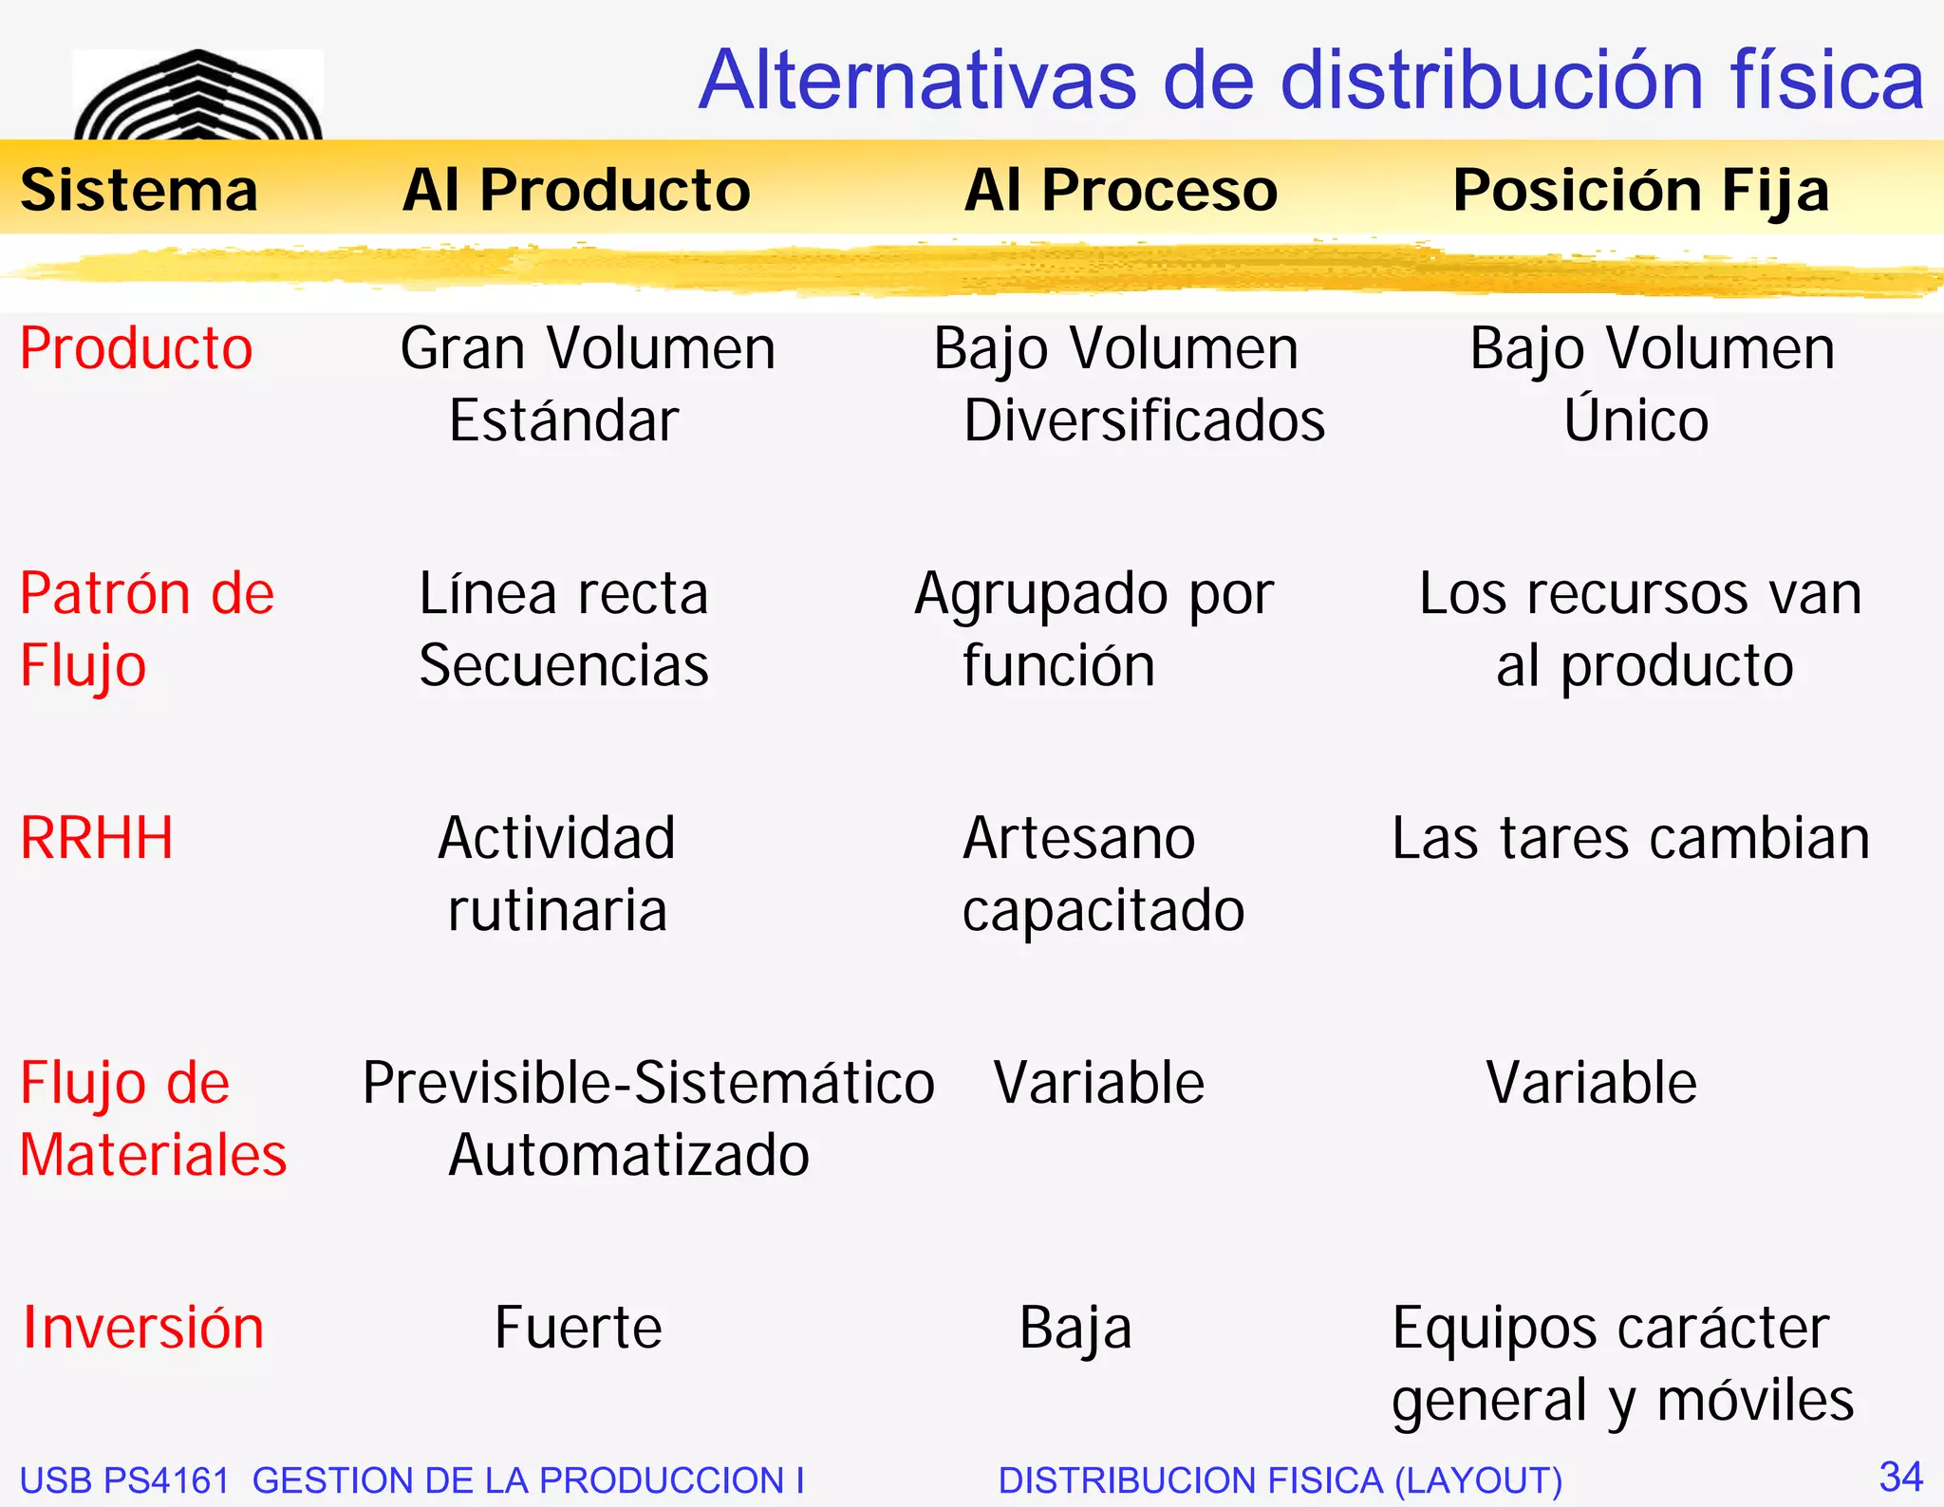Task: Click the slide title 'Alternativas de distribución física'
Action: pyautogui.click(x=1311, y=80)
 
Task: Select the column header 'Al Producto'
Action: pyautogui.click(x=576, y=190)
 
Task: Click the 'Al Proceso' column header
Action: pyautogui.click(x=1121, y=190)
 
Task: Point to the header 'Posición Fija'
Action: pyautogui.click(x=1640, y=190)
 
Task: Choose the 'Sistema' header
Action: pyautogui.click(x=139, y=190)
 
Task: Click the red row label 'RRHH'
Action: pyautogui.click(x=97, y=839)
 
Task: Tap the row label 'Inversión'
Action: pyautogui.click(x=143, y=1328)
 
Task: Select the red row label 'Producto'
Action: pyautogui.click(x=137, y=348)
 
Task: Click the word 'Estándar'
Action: pyautogui.click(x=564, y=420)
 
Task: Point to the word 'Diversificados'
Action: pyautogui.click(x=1144, y=420)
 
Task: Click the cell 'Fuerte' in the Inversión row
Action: pyautogui.click(x=578, y=1328)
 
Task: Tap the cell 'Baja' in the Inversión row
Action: pyautogui.click(x=1075, y=1328)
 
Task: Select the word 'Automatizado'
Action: pyautogui.click(x=628, y=1155)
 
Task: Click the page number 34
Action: pyautogui.click(x=1900, y=1477)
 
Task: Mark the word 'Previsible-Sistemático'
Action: pyautogui.click(x=648, y=1083)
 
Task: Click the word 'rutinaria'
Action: pyautogui.click(x=557, y=910)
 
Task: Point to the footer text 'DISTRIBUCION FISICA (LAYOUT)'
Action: pyautogui.click(x=1280, y=1480)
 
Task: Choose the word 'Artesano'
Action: pyautogui.click(x=1078, y=839)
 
